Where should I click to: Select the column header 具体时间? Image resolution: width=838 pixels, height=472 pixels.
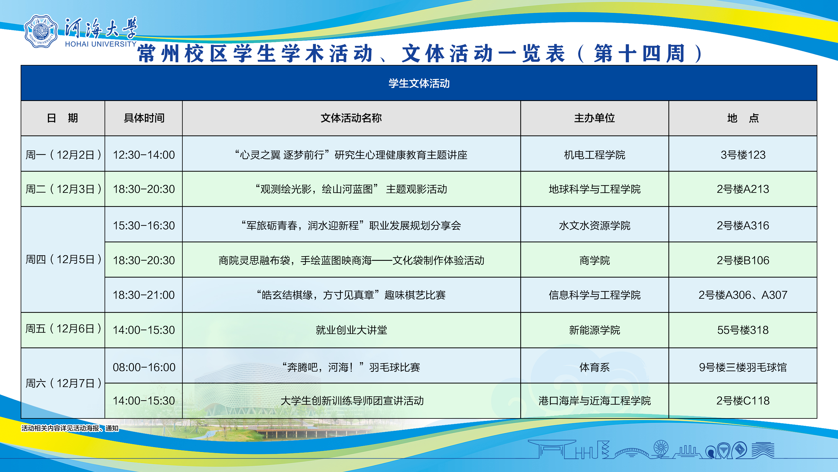tap(144, 118)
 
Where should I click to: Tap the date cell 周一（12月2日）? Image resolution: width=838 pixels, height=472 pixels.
tap(63, 155)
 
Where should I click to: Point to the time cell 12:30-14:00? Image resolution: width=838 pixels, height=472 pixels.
tap(144, 155)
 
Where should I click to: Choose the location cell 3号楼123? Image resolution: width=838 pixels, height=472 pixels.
tap(743, 155)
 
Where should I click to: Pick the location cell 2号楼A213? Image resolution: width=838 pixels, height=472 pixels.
tap(743, 189)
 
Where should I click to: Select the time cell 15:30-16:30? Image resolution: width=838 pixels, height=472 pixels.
tap(144, 225)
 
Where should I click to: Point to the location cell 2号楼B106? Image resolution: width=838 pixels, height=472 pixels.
tap(743, 260)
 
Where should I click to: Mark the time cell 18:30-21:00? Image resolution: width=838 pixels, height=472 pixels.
tap(144, 295)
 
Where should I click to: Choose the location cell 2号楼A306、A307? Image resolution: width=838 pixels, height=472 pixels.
tap(743, 295)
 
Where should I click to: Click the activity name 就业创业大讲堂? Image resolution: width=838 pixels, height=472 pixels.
tap(351, 330)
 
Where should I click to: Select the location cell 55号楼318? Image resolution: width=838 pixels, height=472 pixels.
tap(743, 330)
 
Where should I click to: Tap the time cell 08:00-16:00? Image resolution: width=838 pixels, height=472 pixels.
tap(144, 367)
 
